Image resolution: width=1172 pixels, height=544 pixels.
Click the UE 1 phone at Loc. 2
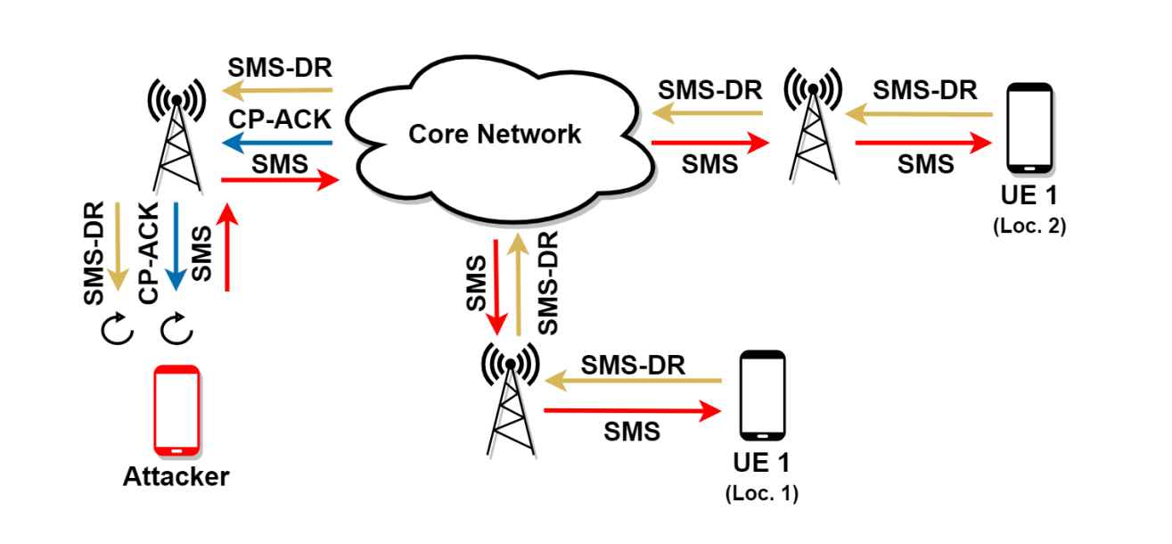pos(1029,128)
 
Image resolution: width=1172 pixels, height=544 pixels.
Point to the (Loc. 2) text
pos(1029,226)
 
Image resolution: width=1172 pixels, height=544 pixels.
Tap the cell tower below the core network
pos(510,397)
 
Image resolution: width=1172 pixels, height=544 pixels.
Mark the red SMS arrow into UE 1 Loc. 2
pos(923,142)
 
